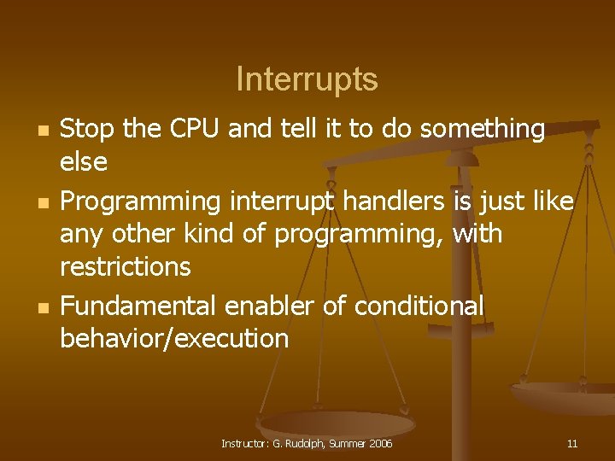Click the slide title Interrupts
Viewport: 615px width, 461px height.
click(x=307, y=79)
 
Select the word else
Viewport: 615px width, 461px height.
click(x=83, y=160)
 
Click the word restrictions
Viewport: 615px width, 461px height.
click(x=125, y=266)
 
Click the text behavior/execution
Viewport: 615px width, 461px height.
click(x=174, y=338)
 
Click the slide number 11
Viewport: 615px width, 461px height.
click(x=572, y=443)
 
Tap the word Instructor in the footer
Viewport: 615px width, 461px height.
click(x=245, y=443)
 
